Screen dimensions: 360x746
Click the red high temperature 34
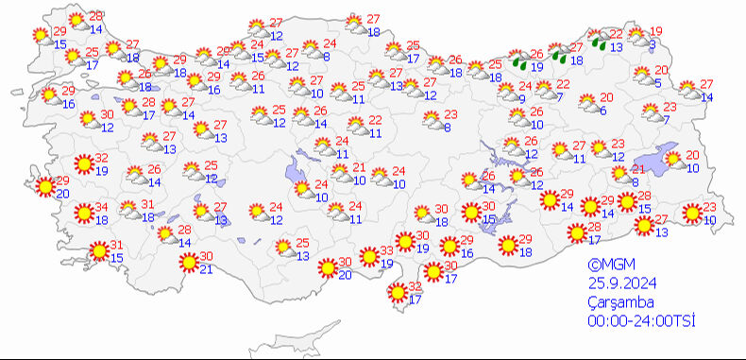pyautogui.click(x=100, y=208)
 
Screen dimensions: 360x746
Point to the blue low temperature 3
pyautogui.click(x=652, y=44)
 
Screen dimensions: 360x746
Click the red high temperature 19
pyautogui.click(x=657, y=31)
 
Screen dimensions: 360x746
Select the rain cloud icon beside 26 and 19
pyautogui.click(x=518, y=61)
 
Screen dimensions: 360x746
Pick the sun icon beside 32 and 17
pyautogui.click(x=398, y=295)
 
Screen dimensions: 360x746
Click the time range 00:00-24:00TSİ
pyautogui.click(x=640, y=321)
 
